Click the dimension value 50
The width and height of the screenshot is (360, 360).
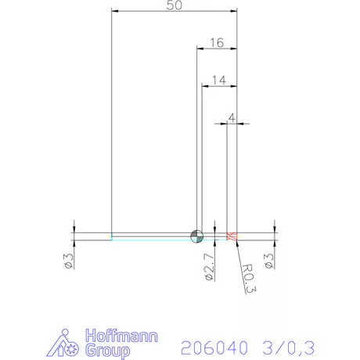click(175, 5)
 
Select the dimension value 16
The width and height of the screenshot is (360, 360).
click(217, 44)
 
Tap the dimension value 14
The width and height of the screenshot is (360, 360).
click(218, 80)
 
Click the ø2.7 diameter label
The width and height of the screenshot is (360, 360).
click(208, 266)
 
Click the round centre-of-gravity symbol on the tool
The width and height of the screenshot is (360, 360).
click(196, 236)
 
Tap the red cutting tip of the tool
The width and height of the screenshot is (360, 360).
click(231, 236)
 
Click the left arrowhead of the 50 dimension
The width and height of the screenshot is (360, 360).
click(116, 12)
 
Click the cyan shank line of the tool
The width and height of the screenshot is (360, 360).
click(149, 238)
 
